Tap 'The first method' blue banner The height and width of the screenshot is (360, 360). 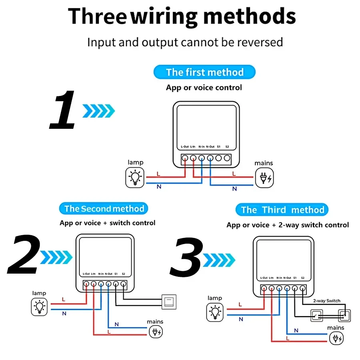[204, 72]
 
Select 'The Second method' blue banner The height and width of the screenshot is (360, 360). [104, 208]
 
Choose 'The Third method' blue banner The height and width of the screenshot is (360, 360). [282, 210]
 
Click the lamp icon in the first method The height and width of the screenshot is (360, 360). [135, 178]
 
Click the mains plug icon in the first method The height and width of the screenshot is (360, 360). [265, 178]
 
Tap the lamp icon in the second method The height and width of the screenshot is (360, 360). [40, 307]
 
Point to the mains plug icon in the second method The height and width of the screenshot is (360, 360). [156, 331]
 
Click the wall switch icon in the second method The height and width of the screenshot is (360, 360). [168, 300]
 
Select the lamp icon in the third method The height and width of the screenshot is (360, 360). [216, 312]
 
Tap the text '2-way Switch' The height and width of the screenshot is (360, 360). [326, 301]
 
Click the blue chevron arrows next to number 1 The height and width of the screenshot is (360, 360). [98, 111]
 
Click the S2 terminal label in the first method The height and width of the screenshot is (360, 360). [227, 146]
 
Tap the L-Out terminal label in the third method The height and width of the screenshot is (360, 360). [264, 278]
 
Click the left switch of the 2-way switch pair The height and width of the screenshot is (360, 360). [318, 316]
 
